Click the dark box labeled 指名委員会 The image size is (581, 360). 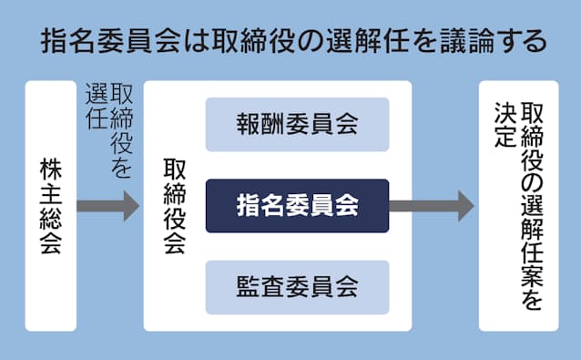(297, 206)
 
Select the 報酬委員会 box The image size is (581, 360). (297, 124)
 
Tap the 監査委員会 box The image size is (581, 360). (297, 288)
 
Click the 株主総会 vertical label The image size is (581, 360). (50, 206)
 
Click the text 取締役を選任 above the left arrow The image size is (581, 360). (107, 128)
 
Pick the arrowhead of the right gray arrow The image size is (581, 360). (464, 206)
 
